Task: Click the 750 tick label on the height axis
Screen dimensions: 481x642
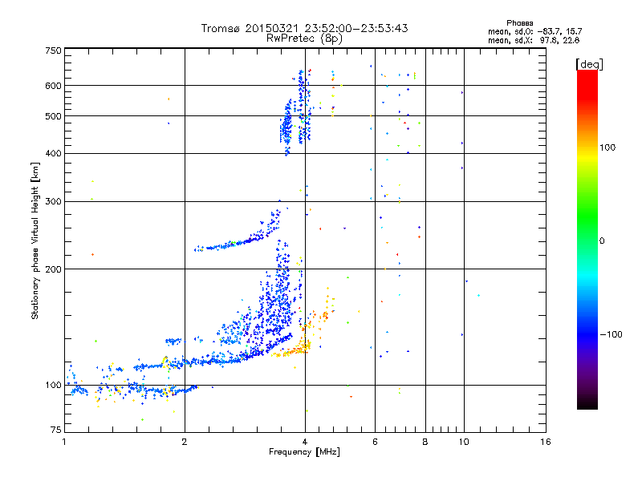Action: (53, 51)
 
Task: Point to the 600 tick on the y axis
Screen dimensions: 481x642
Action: (53, 86)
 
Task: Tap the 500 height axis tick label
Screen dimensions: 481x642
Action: (53, 116)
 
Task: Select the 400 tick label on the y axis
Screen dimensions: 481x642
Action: (53, 154)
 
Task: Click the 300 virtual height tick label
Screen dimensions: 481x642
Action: (53, 202)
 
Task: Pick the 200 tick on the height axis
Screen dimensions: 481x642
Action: (53, 269)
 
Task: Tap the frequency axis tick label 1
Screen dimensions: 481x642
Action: (64, 442)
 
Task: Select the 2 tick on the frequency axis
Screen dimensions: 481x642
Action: (185, 442)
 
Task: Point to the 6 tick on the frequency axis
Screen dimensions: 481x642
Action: (376, 442)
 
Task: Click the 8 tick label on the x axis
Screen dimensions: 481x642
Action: (425, 442)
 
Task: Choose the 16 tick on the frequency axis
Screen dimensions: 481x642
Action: (546, 442)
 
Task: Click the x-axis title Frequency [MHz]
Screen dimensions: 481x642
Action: (304, 453)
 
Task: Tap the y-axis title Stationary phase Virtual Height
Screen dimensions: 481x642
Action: (35, 240)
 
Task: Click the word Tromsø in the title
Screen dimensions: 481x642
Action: (221, 28)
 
